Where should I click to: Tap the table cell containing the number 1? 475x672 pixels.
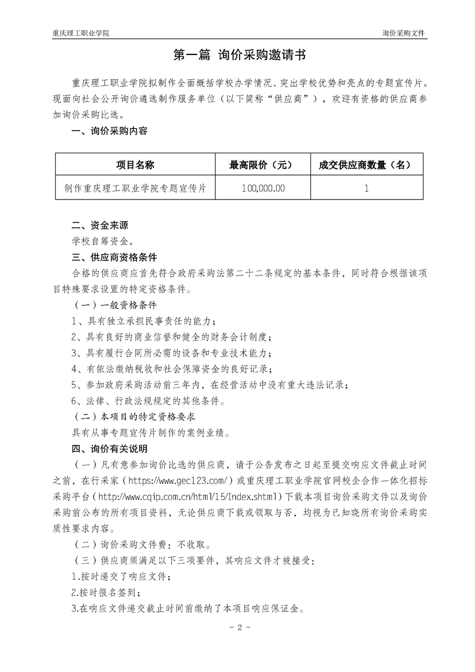[x=366, y=188]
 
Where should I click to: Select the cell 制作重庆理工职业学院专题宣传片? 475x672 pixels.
[x=135, y=188]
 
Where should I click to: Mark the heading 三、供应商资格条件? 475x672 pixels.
[x=114, y=258]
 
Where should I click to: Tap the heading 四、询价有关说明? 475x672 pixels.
[x=109, y=448]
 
